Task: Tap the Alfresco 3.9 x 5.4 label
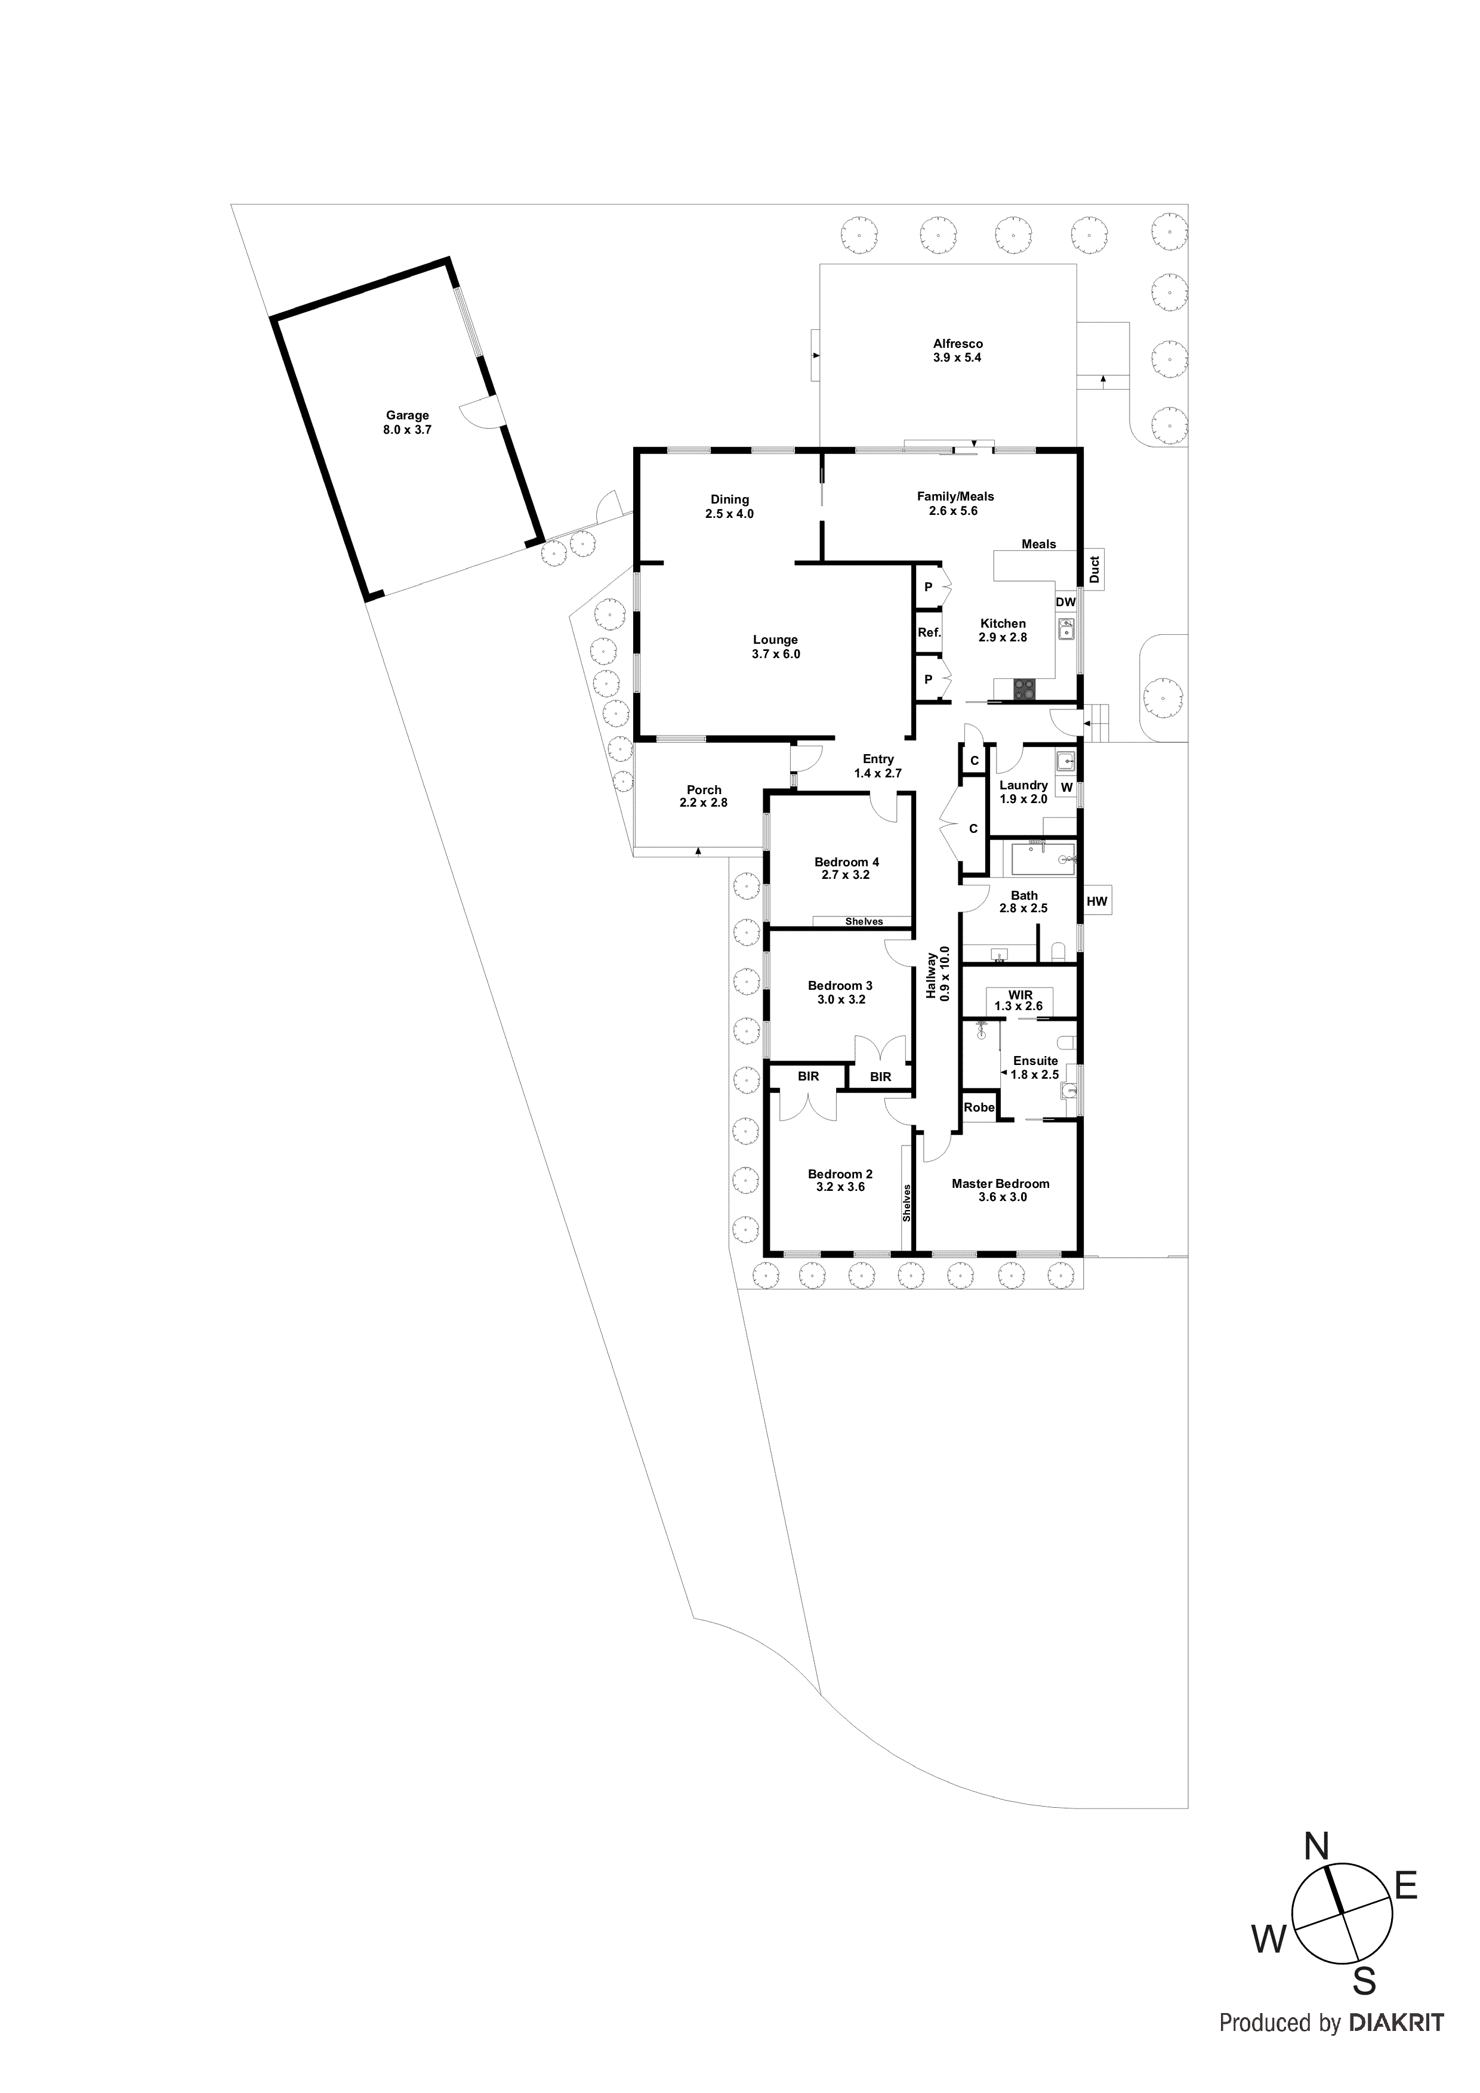(957, 351)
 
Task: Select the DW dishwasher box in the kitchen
(1065, 603)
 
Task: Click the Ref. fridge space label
(929, 632)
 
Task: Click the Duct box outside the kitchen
(1094, 570)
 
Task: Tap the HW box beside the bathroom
(1096, 902)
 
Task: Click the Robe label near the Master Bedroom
(979, 1107)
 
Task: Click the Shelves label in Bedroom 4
(863, 922)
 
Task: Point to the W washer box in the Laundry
(1066, 788)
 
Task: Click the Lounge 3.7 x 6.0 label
(775, 646)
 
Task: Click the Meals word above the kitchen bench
(1038, 544)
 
